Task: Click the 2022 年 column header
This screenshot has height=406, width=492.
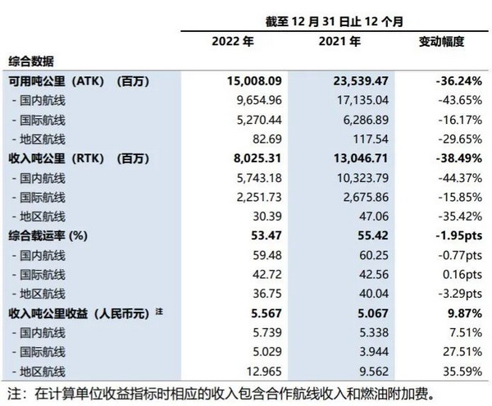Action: [x=233, y=41]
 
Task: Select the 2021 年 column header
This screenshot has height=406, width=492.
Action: [x=339, y=41]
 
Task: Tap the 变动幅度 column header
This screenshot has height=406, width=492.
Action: [x=441, y=41]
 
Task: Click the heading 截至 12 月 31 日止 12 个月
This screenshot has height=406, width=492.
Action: [x=335, y=21]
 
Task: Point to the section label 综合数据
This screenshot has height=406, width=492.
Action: [x=31, y=62]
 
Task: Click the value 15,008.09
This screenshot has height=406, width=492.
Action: [x=254, y=81]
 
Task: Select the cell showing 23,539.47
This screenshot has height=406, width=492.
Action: [x=361, y=81]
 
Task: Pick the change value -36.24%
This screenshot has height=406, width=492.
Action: [x=458, y=81]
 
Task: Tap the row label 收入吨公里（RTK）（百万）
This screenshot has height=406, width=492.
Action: [x=79, y=158]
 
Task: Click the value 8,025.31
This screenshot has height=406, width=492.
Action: [x=257, y=158]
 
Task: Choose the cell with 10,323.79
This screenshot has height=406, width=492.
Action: [x=362, y=178]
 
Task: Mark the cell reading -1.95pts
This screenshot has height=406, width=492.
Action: [x=459, y=235]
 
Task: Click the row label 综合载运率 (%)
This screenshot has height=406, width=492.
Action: [x=48, y=235]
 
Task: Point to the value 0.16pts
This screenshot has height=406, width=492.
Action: [x=462, y=275]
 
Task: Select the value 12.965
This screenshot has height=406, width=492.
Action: [x=264, y=372]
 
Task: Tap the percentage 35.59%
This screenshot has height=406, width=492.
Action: [x=462, y=372]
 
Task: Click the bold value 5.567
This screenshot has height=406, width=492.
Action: [x=266, y=313]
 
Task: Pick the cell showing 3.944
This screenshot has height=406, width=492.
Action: [x=374, y=352]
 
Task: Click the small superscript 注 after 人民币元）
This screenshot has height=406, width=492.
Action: [x=159, y=312]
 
